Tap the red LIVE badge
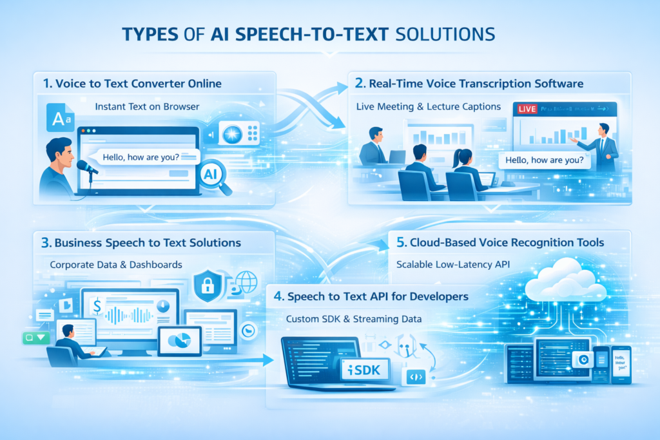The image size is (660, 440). [x=527, y=109]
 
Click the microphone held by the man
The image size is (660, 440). [x=86, y=167]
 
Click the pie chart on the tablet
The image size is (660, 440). [x=179, y=339]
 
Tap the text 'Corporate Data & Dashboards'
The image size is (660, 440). [x=115, y=265]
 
